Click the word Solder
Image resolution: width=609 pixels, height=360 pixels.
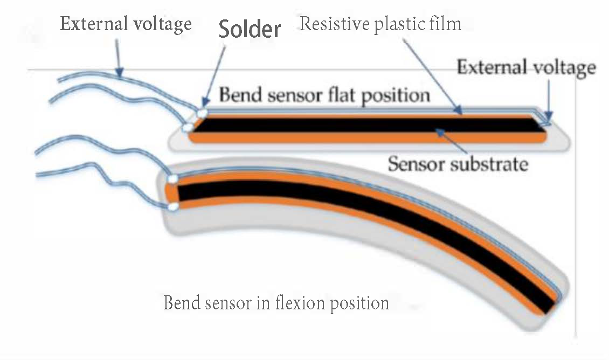(x=250, y=30)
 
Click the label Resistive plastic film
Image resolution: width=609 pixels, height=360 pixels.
(x=380, y=24)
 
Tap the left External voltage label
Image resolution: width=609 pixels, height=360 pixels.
(x=125, y=24)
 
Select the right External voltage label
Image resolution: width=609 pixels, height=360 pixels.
(x=526, y=68)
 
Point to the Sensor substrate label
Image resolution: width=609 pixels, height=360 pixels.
(x=458, y=162)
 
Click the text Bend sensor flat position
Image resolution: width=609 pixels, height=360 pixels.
(x=324, y=95)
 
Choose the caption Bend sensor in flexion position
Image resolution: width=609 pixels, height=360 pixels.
(x=276, y=302)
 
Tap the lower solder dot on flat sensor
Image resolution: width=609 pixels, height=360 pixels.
(x=188, y=128)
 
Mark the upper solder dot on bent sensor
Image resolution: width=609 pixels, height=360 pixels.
(x=173, y=178)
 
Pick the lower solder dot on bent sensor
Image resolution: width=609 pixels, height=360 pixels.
(x=173, y=206)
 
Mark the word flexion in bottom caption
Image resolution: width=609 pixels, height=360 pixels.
(x=286, y=302)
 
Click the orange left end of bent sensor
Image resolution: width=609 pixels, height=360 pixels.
(x=170, y=192)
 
